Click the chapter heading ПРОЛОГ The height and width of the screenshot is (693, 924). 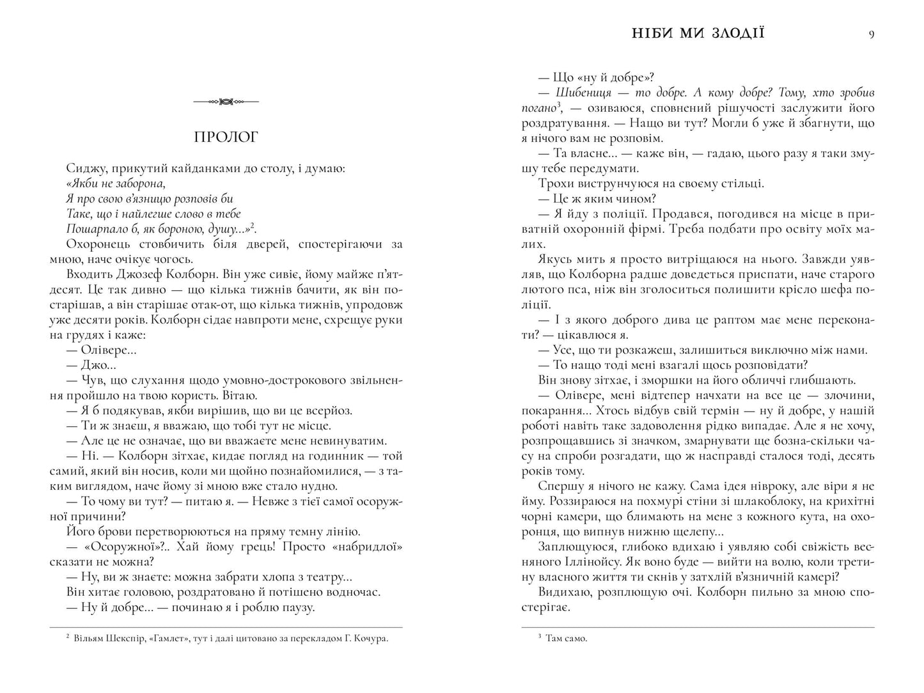(x=226, y=137)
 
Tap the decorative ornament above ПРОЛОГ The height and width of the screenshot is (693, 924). (x=226, y=101)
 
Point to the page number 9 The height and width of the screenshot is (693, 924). (x=871, y=35)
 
